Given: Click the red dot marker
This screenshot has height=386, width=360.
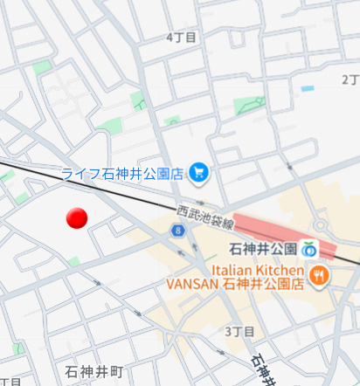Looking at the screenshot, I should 77,219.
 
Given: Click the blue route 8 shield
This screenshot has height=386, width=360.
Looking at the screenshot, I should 178,231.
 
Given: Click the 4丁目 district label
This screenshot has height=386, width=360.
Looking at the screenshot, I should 181,38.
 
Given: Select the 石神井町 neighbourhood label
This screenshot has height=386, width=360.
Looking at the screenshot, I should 95,371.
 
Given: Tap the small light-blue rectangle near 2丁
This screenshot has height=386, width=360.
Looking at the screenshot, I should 307,88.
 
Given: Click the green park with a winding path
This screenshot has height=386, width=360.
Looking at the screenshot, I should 249,106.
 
